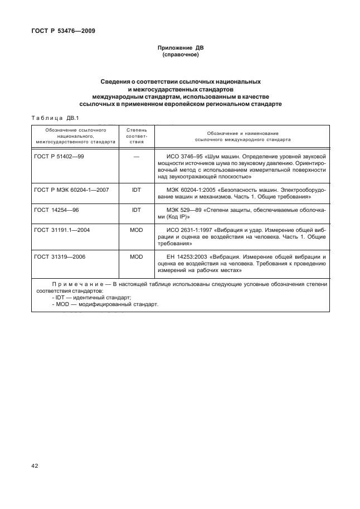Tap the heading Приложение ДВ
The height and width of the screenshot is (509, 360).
tap(180, 49)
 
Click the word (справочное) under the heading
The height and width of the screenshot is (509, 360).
tap(180, 56)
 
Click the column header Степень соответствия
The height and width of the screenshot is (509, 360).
tap(136, 135)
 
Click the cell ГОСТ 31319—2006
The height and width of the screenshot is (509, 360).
tap(59, 257)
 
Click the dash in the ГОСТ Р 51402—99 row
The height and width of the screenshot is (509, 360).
tap(136, 157)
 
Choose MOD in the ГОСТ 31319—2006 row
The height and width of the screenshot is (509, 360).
tap(136, 257)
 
